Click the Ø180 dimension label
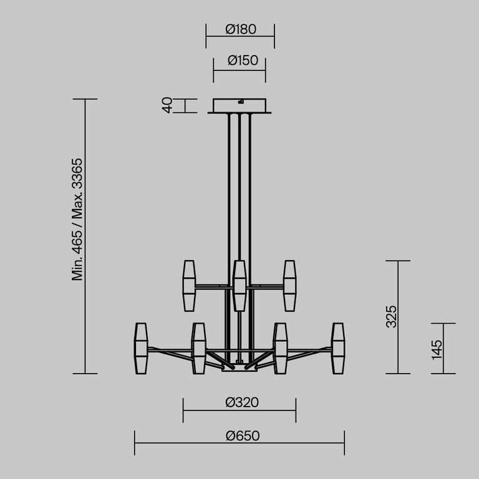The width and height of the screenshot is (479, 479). click(240, 29)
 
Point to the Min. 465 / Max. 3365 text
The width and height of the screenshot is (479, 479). click(77, 219)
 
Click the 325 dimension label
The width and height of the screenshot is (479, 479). click(390, 317)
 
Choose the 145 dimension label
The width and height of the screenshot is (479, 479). click(436, 349)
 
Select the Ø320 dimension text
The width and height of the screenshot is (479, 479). click(241, 402)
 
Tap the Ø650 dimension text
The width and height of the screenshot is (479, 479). click(242, 435)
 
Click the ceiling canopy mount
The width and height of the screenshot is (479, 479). click(239, 105)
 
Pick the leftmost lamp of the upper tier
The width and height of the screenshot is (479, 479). click(189, 286)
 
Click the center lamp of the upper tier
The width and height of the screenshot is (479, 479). click(239, 286)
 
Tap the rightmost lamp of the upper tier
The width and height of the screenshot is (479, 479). click(289, 286)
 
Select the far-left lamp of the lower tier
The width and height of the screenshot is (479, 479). click(140, 348)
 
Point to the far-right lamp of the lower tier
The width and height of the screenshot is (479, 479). click(338, 348)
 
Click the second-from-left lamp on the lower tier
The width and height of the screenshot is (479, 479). click(198, 348)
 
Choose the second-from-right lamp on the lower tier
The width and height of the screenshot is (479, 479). click(280, 348)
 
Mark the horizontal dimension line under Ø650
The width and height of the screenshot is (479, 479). click(239, 443)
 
